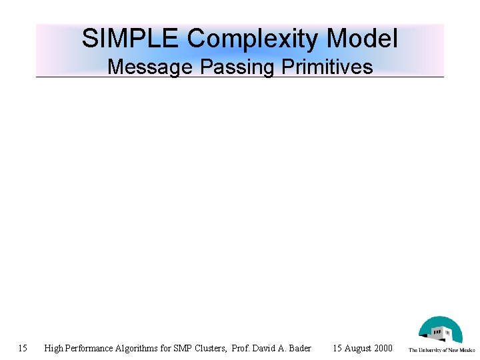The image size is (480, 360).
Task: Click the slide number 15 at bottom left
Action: pyautogui.click(x=23, y=348)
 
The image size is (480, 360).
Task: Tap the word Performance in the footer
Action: pyautogui.click(x=91, y=348)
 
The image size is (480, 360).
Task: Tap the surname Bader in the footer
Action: pyautogui.click(x=299, y=348)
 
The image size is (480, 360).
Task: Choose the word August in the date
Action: pyautogui.click(x=359, y=348)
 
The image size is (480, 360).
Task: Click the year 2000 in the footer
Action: pyautogui.click(x=384, y=348)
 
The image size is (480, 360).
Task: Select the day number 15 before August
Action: pyautogui.click(x=337, y=348)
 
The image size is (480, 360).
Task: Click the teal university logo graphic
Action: pyautogui.click(x=440, y=330)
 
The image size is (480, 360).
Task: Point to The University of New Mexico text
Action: pyautogui.click(x=441, y=350)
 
